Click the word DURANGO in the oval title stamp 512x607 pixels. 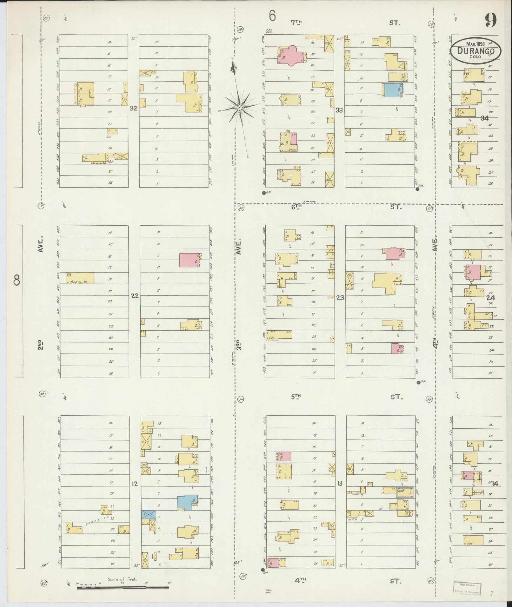[476, 51]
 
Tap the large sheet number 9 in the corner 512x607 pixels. [491, 21]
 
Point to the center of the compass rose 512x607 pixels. [240, 108]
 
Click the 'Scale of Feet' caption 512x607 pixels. [122, 579]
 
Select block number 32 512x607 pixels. [134, 108]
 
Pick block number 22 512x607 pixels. [135, 296]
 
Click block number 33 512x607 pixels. [339, 110]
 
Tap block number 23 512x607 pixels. [340, 298]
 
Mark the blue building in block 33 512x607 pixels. [392, 90]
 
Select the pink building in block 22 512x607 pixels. [189, 260]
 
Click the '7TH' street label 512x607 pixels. [296, 23]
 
